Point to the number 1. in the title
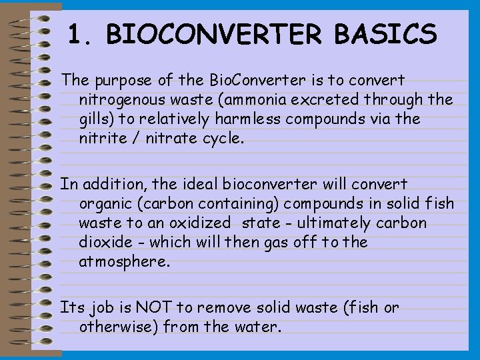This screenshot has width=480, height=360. [81, 33]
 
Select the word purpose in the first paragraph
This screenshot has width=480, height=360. [122, 81]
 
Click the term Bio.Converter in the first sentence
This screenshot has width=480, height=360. [244, 81]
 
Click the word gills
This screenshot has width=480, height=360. [95, 120]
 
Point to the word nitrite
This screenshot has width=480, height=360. [100, 139]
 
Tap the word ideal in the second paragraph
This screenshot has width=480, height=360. [198, 183]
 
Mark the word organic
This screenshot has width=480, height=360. [103, 203]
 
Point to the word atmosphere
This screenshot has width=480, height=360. [124, 262]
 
